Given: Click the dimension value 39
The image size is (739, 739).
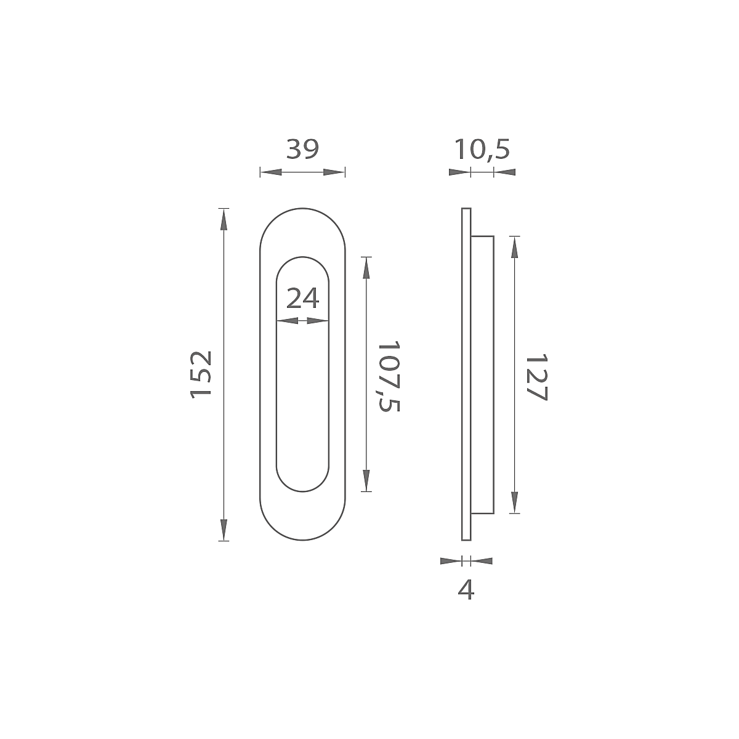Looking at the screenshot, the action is pos(302,149).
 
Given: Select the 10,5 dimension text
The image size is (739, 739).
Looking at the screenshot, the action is pos(482,150).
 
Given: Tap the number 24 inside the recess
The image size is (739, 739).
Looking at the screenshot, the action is pos(302,298).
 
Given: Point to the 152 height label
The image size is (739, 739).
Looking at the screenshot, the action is pos(201,374).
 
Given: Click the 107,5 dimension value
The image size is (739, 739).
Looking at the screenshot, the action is pos(389,376).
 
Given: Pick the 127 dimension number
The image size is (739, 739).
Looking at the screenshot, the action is pos(536,378).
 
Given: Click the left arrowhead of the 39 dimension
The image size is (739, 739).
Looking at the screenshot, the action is pos(271,172).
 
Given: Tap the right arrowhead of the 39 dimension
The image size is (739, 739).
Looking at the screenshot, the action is pos(334,172).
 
